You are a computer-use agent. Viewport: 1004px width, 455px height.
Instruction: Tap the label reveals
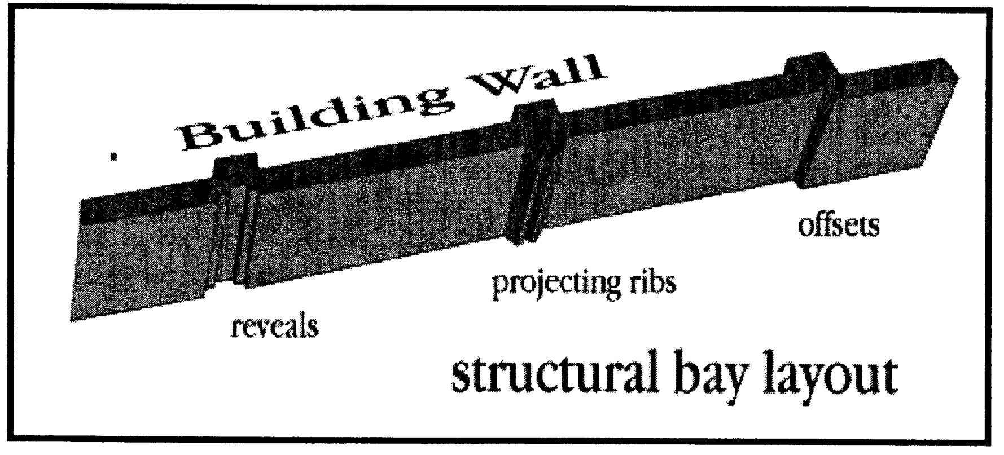[x=275, y=326]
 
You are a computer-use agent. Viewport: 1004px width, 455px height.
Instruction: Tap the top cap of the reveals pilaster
[x=236, y=164]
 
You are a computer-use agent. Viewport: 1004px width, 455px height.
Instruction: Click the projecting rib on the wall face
[x=528, y=186]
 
